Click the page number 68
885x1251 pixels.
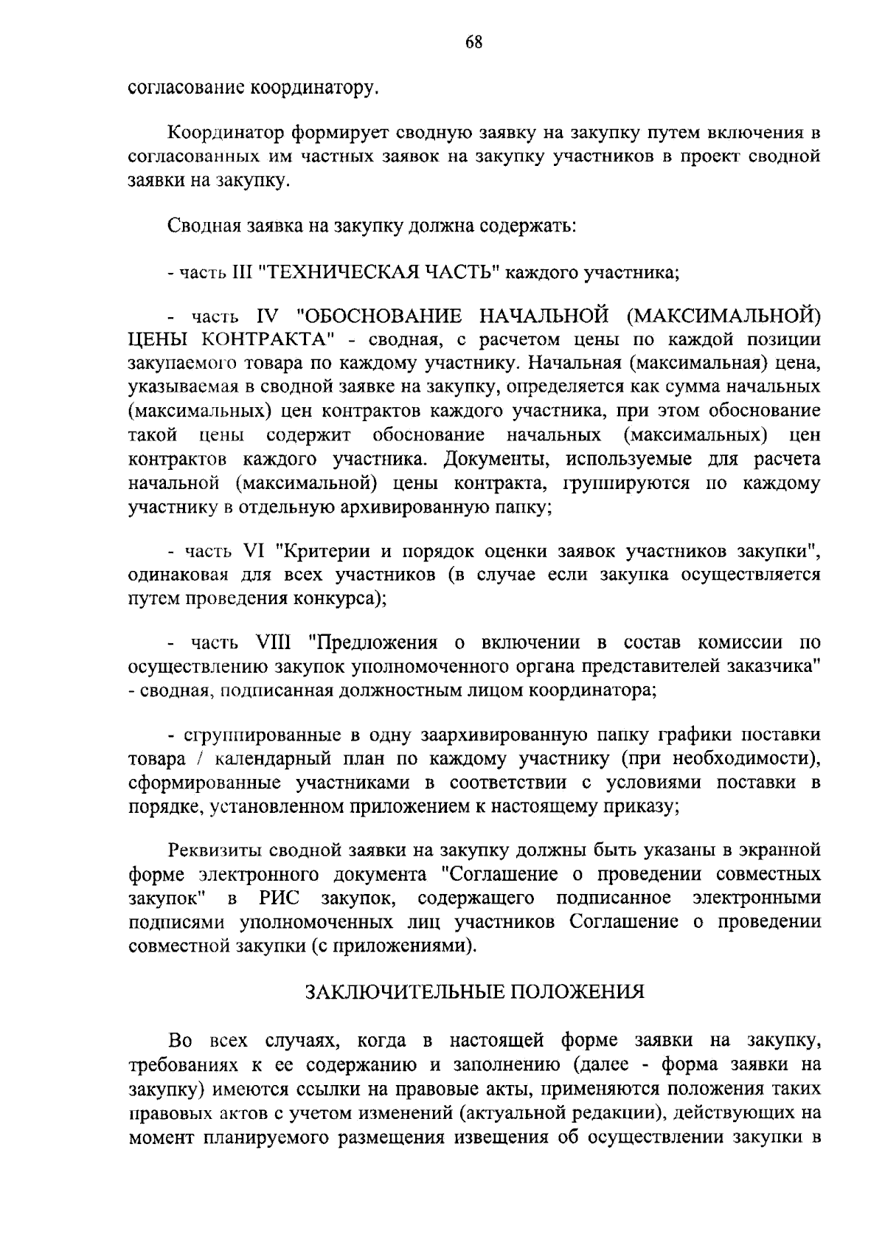(x=473, y=43)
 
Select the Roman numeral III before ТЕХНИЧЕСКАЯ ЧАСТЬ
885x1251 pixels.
(x=242, y=273)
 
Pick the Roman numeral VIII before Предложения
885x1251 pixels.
(x=276, y=643)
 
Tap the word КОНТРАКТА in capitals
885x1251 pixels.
(x=263, y=340)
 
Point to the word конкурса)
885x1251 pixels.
(x=341, y=598)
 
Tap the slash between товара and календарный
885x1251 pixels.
(x=184, y=760)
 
